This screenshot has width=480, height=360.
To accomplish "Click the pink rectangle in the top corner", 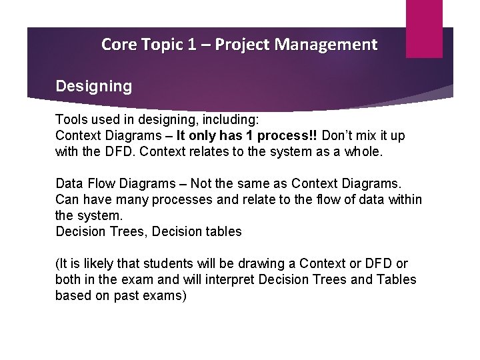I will pyautogui.click(x=424, y=28).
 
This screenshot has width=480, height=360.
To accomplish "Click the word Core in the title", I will pyautogui.click(x=117, y=45).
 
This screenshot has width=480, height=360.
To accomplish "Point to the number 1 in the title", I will pyautogui.click(x=191, y=45).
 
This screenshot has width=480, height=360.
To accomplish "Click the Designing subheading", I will pyautogui.click(x=94, y=86).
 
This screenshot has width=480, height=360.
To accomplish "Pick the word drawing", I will pyautogui.click(x=268, y=264).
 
